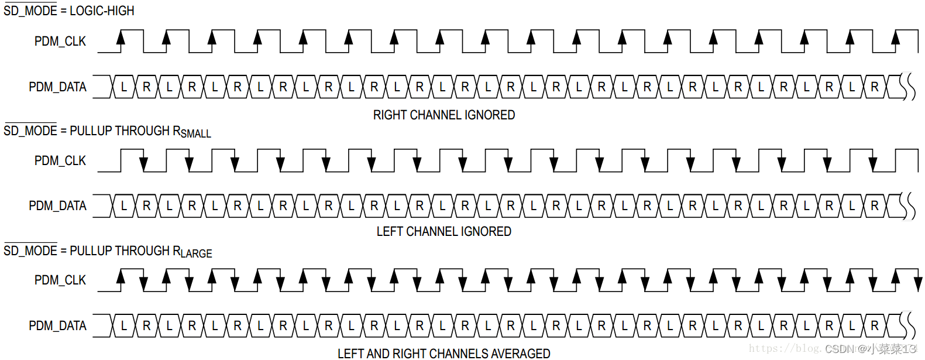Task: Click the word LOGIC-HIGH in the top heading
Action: point(102,11)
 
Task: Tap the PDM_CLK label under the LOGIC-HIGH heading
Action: point(60,42)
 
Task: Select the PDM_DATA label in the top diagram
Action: point(57,87)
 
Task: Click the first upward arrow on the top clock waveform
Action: point(121,39)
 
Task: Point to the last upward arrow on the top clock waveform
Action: point(895,39)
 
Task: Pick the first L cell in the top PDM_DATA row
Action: point(123,87)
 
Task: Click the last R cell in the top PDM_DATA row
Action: point(875,87)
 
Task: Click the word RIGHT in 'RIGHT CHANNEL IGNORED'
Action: point(390,115)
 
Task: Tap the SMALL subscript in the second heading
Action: point(196,134)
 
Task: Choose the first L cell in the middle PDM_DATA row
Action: point(123,206)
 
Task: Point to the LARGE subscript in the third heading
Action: point(197,253)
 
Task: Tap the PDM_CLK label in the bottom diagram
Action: point(60,280)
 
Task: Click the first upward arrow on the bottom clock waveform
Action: point(121,276)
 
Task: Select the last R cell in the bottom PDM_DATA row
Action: point(875,326)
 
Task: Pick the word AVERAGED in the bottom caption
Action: point(520,354)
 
